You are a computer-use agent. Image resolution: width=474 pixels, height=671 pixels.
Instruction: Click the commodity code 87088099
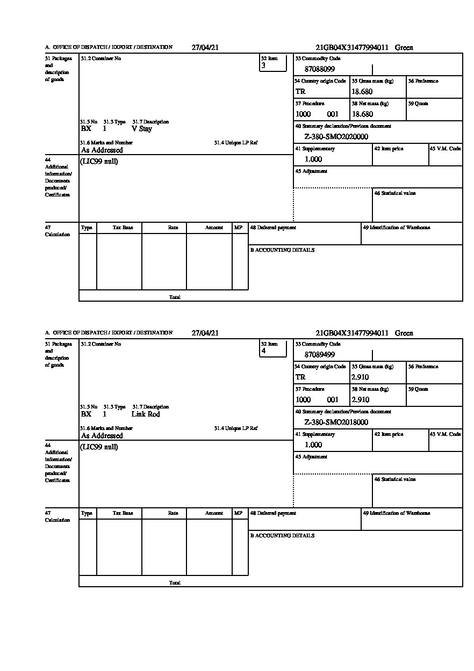(320, 69)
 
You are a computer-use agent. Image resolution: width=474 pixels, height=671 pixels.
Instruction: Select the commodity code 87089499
(320, 355)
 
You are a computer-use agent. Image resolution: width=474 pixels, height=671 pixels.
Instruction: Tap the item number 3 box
(273, 63)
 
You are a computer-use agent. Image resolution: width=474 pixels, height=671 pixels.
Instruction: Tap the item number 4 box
(273, 348)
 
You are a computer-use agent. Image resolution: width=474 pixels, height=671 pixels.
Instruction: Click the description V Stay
(142, 129)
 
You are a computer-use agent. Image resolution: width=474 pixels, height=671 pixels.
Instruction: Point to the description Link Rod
(146, 414)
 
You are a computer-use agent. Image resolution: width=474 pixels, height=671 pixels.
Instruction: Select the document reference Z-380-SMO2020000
(336, 137)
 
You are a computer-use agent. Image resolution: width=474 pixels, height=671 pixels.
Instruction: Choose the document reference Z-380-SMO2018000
(336, 422)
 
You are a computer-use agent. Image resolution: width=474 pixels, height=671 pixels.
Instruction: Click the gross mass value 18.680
(362, 92)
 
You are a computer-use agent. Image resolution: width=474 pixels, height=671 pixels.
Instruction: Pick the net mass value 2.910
(360, 400)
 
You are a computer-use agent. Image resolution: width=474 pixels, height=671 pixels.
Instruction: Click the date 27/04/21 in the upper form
(205, 47)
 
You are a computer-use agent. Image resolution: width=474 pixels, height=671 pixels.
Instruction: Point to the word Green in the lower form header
(404, 333)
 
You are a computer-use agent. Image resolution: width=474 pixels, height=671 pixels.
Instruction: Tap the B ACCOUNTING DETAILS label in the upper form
(282, 250)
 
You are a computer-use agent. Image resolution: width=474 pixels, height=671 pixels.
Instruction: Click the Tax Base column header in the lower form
(123, 513)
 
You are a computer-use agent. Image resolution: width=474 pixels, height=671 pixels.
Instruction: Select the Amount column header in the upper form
(214, 228)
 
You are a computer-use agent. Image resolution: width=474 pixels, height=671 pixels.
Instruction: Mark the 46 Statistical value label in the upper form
(395, 193)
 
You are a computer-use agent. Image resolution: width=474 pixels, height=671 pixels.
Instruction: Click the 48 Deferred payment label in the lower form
(273, 513)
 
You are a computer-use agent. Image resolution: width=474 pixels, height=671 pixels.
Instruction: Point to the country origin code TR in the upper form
(300, 92)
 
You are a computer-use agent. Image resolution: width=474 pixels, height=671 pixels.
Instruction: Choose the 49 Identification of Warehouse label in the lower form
(397, 513)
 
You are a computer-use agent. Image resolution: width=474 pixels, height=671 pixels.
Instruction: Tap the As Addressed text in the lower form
(102, 436)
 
